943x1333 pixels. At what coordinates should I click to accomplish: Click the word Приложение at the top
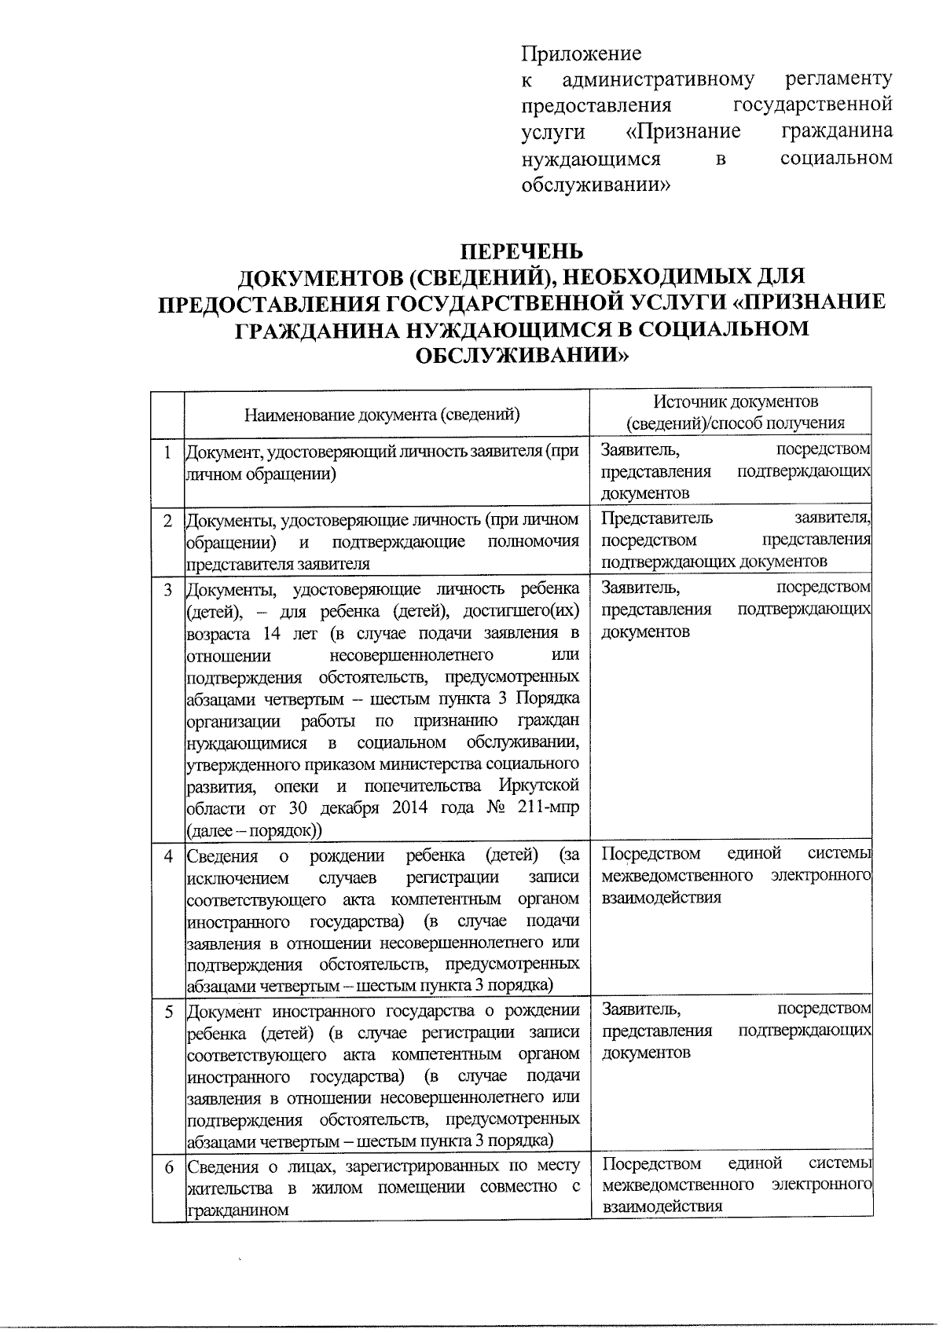point(581,53)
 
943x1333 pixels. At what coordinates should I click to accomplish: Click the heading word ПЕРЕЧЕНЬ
point(522,251)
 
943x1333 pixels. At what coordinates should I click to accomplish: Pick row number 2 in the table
point(167,521)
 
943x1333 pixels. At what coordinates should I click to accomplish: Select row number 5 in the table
point(167,1011)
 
